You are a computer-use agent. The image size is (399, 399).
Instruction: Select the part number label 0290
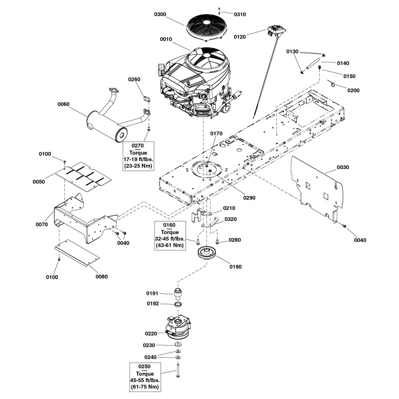click(249, 198)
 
